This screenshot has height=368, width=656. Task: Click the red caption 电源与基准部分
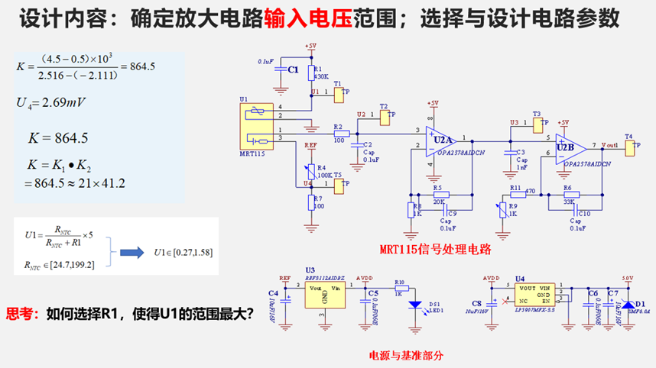pyautogui.click(x=405, y=355)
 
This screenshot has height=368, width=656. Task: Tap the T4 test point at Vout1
pyautogui.click(x=630, y=147)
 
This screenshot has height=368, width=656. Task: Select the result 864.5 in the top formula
pyautogui.click(x=143, y=66)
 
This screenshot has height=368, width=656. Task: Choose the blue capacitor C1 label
pyautogui.click(x=293, y=69)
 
